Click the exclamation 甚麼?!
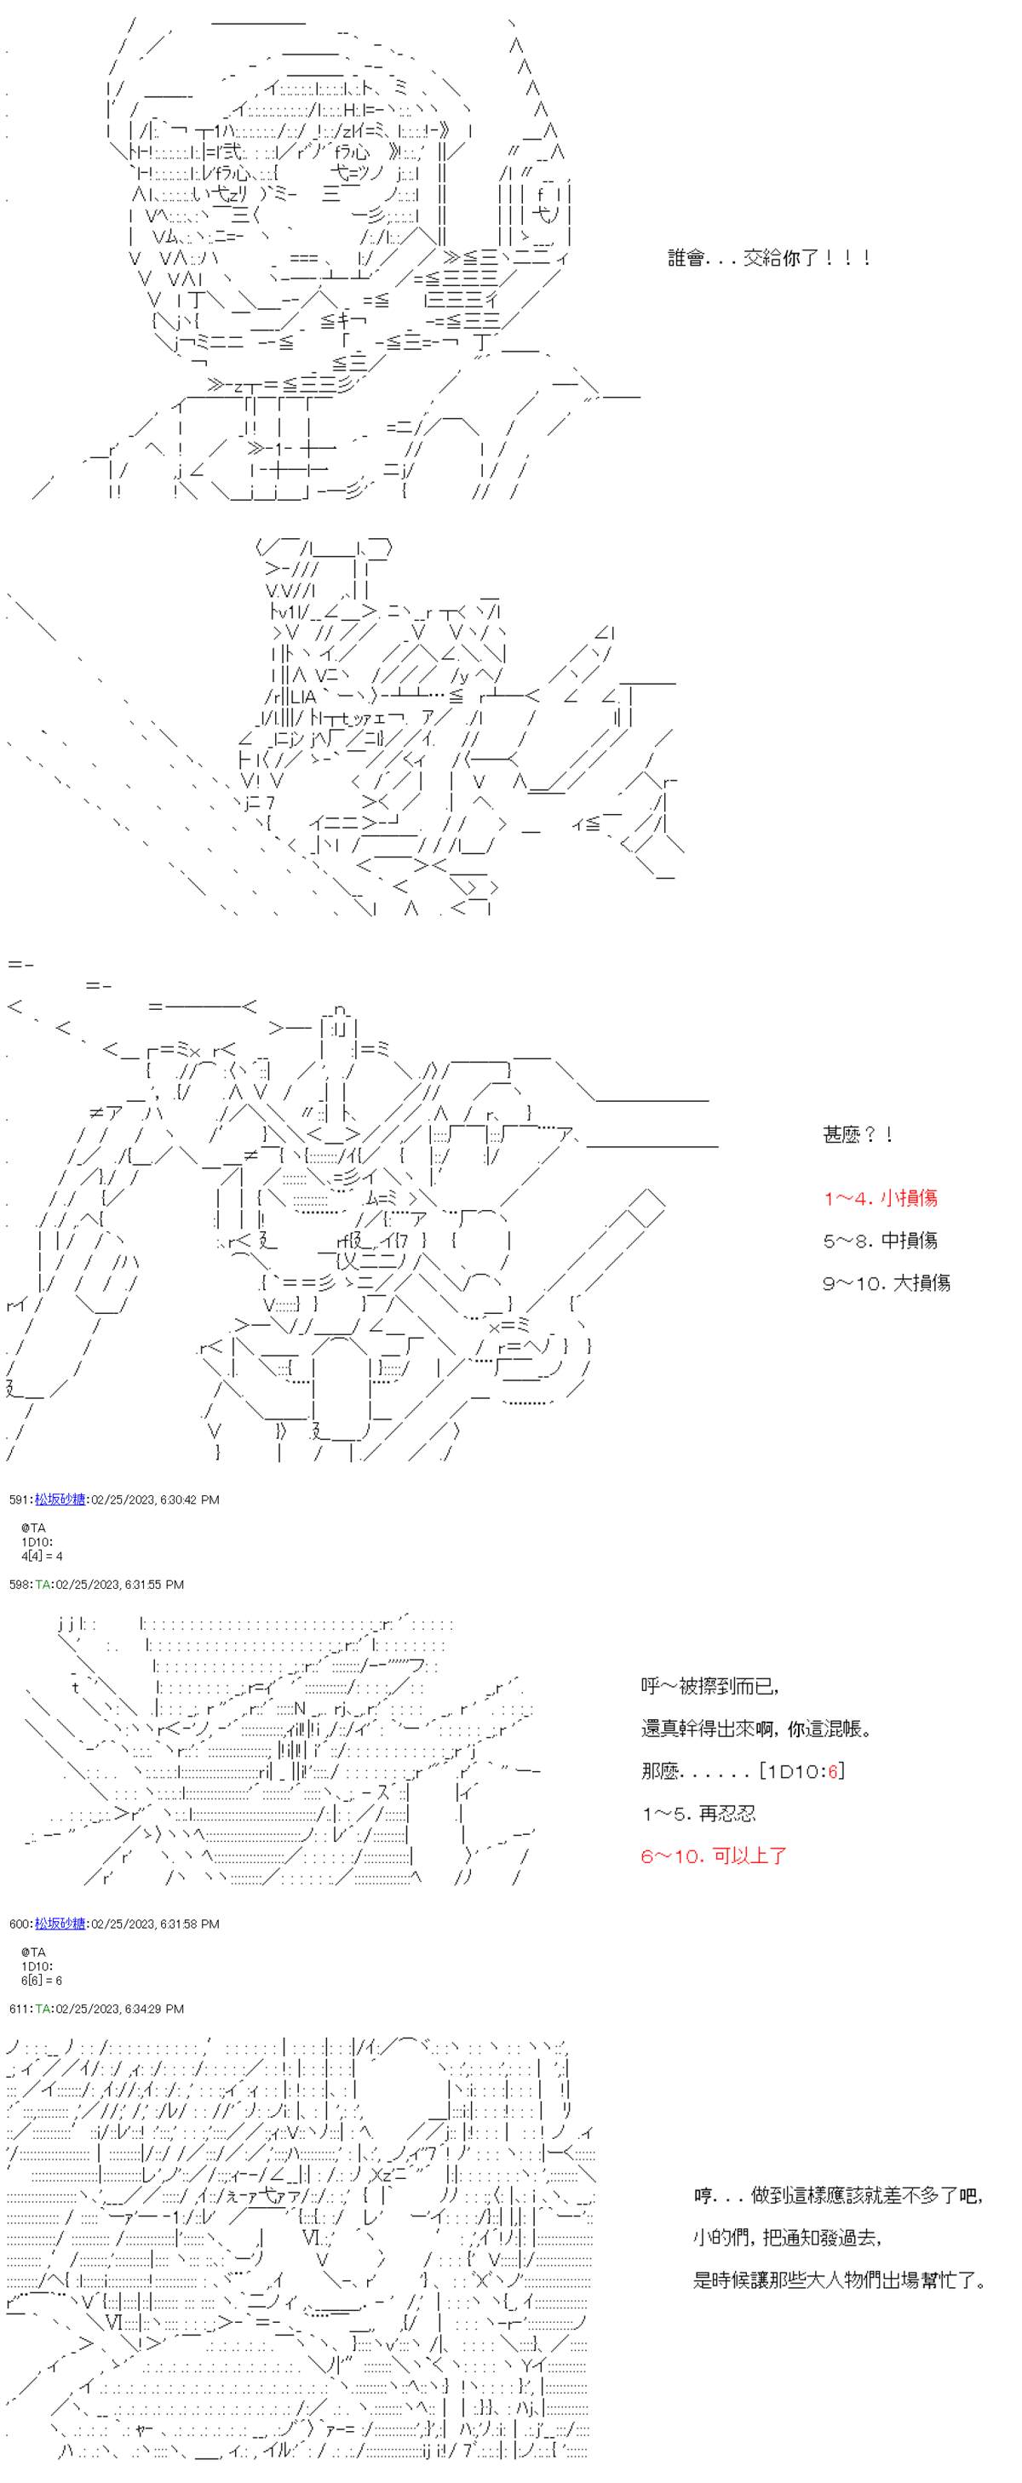pyautogui.click(x=857, y=1134)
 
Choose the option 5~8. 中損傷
pyautogui.click(x=879, y=1241)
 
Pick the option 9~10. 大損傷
pyautogui.click(x=885, y=1283)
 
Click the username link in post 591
pyautogui.click(x=60, y=1500)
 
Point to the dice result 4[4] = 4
pyautogui.click(x=42, y=1556)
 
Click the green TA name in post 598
pyautogui.click(x=43, y=1585)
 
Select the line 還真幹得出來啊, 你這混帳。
pyautogui.click(x=756, y=1729)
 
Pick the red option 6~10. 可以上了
pyautogui.click(x=714, y=1855)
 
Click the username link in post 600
pyautogui.click(x=60, y=1924)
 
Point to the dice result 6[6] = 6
pyautogui.click(x=42, y=1980)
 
